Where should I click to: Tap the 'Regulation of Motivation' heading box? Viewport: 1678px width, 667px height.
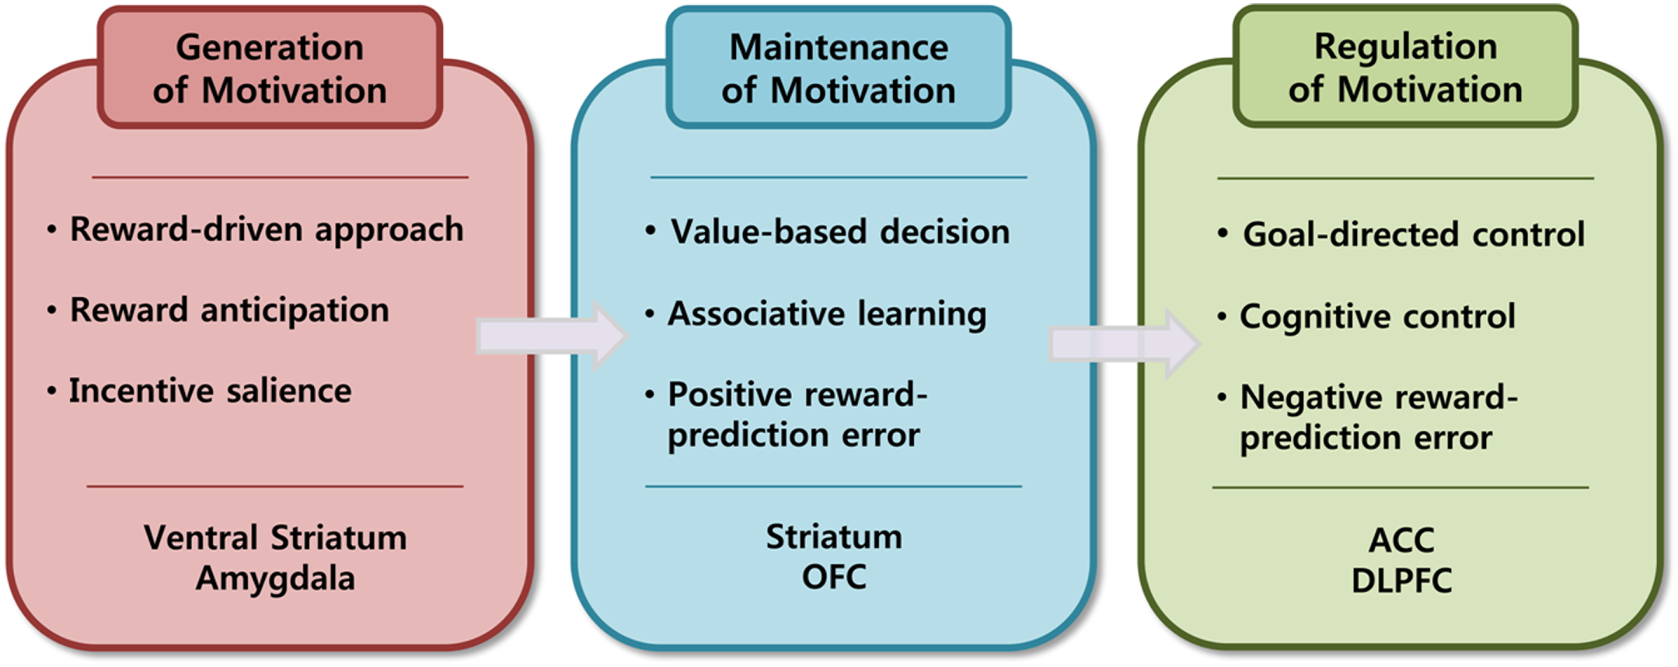tap(1405, 67)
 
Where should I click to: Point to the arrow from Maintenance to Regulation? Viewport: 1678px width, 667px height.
tap(1124, 344)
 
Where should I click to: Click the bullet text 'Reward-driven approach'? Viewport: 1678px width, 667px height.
tap(266, 230)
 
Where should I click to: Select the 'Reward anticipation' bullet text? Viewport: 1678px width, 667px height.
tap(230, 310)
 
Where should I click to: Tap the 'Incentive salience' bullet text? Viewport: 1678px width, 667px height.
tap(210, 391)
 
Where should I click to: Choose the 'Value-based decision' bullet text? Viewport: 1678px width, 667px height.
tap(840, 232)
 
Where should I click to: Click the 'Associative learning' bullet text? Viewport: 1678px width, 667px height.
tap(827, 314)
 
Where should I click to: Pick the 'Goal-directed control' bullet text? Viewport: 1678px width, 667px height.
tap(1414, 234)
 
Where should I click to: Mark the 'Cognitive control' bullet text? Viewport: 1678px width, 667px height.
tap(1377, 316)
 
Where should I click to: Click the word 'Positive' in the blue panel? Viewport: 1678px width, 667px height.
tap(726, 394)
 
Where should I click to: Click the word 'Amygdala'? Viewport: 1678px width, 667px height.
tap(275, 578)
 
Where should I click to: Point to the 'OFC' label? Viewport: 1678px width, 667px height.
tap(834, 577)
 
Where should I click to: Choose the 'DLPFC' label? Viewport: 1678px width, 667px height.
tap(1401, 581)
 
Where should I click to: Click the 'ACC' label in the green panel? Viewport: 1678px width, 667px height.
tap(1401, 540)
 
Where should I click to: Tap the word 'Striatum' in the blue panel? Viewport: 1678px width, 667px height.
tap(834, 537)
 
